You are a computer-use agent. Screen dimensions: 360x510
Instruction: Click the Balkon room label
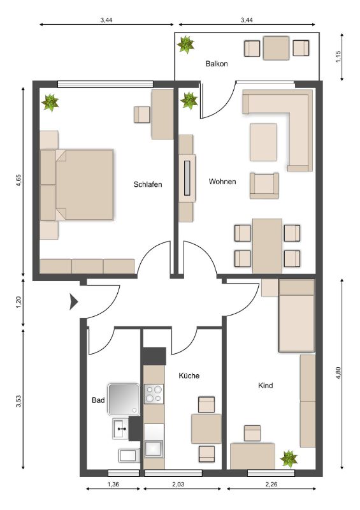pos(216,64)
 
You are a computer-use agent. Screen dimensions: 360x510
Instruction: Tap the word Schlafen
pos(148,184)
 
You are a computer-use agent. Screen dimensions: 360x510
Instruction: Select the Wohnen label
pos(222,182)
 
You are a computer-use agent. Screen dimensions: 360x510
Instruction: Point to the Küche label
pos(189,375)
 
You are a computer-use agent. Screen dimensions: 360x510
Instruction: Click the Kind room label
pos(265,386)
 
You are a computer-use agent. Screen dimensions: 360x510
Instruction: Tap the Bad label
pos(98,400)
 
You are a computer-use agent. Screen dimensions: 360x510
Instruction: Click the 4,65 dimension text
pos(18,180)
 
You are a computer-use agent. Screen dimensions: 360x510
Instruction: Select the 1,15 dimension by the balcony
pos(338,57)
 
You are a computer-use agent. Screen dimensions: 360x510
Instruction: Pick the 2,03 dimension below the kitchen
pos(178,484)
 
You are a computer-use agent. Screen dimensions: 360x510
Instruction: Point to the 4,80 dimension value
pos(338,373)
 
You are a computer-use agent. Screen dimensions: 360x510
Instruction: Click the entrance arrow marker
pos(74,302)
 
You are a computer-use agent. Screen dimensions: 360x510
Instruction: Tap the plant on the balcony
pos(185,44)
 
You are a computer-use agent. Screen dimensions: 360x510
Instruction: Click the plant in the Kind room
pos(289,459)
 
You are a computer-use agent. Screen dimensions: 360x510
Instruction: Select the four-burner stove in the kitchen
pos(154,394)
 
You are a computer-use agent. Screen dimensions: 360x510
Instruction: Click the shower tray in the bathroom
pos(124,400)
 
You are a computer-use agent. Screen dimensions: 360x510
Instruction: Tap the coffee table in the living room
pos(263,142)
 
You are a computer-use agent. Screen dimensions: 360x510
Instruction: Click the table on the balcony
pos(276,48)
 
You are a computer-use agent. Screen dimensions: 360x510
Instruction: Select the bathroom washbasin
pos(120,429)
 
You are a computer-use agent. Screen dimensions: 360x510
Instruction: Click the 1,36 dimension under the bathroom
pos(113,484)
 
